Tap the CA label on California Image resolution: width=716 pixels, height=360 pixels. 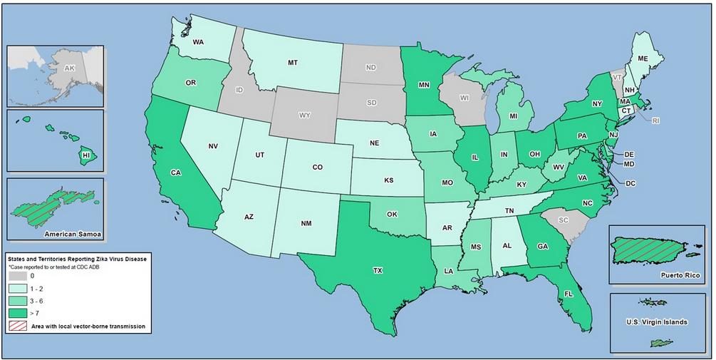tap(175, 172)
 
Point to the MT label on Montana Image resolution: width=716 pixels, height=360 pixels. tap(292, 63)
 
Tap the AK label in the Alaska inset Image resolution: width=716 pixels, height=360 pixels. tap(69, 68)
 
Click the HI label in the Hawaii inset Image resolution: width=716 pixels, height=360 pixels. tap(86, 155)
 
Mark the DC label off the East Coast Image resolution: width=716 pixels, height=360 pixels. tap(630, 183)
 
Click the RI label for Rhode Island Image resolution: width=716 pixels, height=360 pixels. tap(655, 120)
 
